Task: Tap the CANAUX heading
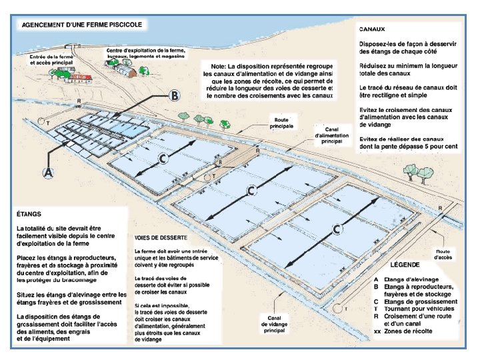[375, 30]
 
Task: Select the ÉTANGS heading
[29, 215]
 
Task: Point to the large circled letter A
[47, 173]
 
